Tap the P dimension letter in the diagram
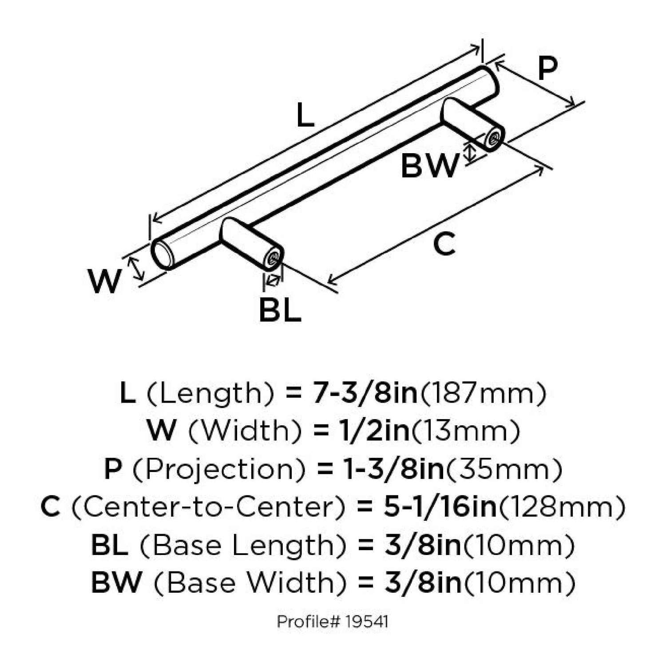point(547,68)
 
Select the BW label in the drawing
point(428,166)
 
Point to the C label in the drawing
point(444,244)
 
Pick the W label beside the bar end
point(105,281)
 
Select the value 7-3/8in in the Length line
point(365,393)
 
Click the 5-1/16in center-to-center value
point(440,507)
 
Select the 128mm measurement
point(562,507)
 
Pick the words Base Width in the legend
point(250,583)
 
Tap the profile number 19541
point(366,622)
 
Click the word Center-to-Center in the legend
point(208,507)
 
